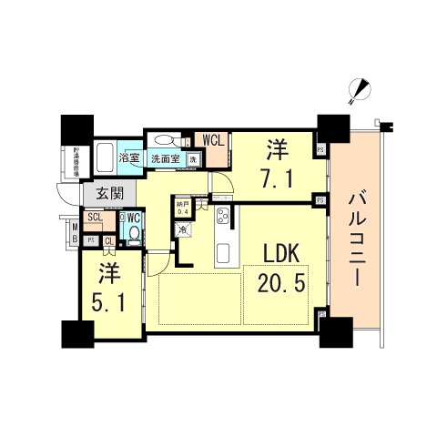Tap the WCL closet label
tap(214, 140)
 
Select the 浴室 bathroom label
tap(130, 159)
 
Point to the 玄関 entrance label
tap(97, 193)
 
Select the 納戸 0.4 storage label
tap(182, 208)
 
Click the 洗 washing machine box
tap(193, 160)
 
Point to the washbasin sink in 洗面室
tap(166, 140)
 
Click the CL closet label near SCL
tap(108, 240)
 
